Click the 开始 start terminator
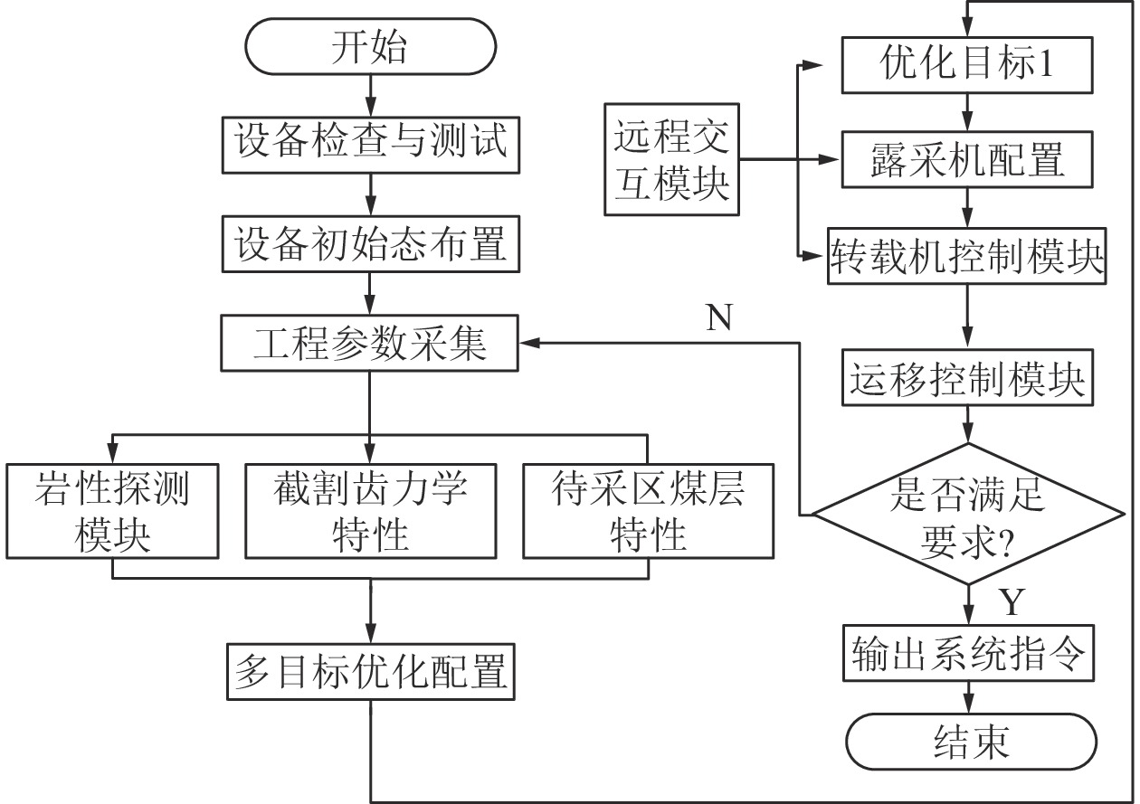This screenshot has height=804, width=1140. click(x=369, y=48)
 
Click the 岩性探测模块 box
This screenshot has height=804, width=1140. click(x=112, y=510)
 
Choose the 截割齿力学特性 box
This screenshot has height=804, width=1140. click(x=371, y=510)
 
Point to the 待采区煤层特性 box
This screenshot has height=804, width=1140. click(x=648, y=510)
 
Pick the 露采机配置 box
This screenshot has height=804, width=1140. click(x=968, y=161)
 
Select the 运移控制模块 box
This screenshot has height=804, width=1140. click(x=968, y=380)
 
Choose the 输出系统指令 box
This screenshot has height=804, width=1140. click(x=968, y=653)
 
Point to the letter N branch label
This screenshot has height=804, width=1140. click(x=718, y=318)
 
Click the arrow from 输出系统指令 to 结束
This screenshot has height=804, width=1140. click(x=969, y=699)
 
